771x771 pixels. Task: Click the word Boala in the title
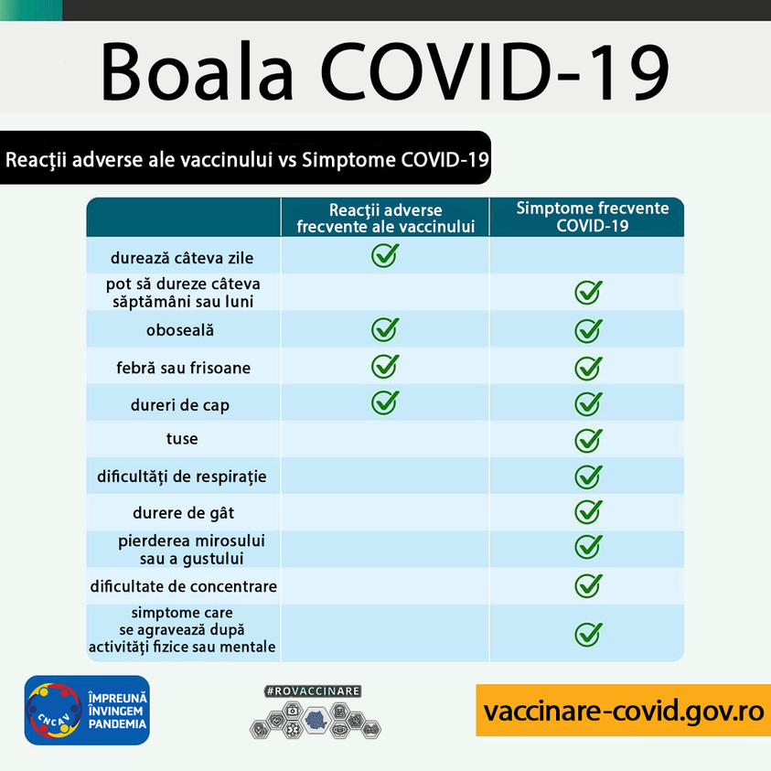pos(198,71)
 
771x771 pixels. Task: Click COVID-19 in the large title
pos(495,71)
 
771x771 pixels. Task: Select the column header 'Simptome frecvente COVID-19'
pos(593,217)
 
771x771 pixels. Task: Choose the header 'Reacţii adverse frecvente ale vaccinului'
pos(386,219)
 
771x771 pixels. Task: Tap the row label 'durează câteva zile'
pos(182,258)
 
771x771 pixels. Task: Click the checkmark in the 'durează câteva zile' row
pos(385,255)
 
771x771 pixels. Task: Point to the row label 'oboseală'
pos(180,330)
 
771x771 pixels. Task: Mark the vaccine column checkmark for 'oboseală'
pos(385,329)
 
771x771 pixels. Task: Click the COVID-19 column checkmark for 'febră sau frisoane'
pos(588,368)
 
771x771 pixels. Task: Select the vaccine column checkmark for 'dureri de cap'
pos(385,402)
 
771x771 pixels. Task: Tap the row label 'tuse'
pos(182,438)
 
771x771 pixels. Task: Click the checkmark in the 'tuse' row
pos(588,440)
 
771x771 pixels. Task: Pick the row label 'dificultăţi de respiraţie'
pos(181,477)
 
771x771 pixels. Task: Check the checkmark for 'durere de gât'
pos(588,512)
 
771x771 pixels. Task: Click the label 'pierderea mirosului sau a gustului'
pos(191,550)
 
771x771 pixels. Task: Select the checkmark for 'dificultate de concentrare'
pos(588,585)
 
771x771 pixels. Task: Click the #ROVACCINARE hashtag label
pos(313,691)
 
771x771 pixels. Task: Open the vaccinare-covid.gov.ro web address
pos(624,711)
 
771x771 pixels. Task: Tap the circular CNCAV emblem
pos(54,710)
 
